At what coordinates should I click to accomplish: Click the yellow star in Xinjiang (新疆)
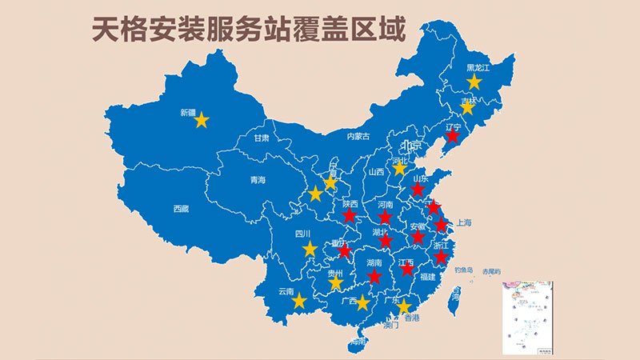(202, 120)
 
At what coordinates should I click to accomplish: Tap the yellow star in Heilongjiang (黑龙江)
(474, 82)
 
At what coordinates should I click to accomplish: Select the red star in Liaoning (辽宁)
(452, 137)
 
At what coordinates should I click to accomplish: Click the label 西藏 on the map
(181, 210)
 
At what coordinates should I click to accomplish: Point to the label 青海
(257, 180)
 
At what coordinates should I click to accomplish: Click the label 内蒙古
(359, 137)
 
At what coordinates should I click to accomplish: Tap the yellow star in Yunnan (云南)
(299, 301)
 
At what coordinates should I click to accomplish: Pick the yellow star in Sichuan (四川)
(310, 249)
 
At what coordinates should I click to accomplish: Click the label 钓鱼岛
(464, 270)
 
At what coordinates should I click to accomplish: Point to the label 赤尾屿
(490, 272)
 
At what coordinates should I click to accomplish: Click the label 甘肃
(262, 138)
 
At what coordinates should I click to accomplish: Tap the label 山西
(376, 171)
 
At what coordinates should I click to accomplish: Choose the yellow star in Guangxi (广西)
(362, 302)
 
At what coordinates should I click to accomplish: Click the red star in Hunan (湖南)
(374, 276)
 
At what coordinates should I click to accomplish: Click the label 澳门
(391, 326)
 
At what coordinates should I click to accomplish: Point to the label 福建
(428, 277)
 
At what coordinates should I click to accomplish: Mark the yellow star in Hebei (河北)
(400, 169)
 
